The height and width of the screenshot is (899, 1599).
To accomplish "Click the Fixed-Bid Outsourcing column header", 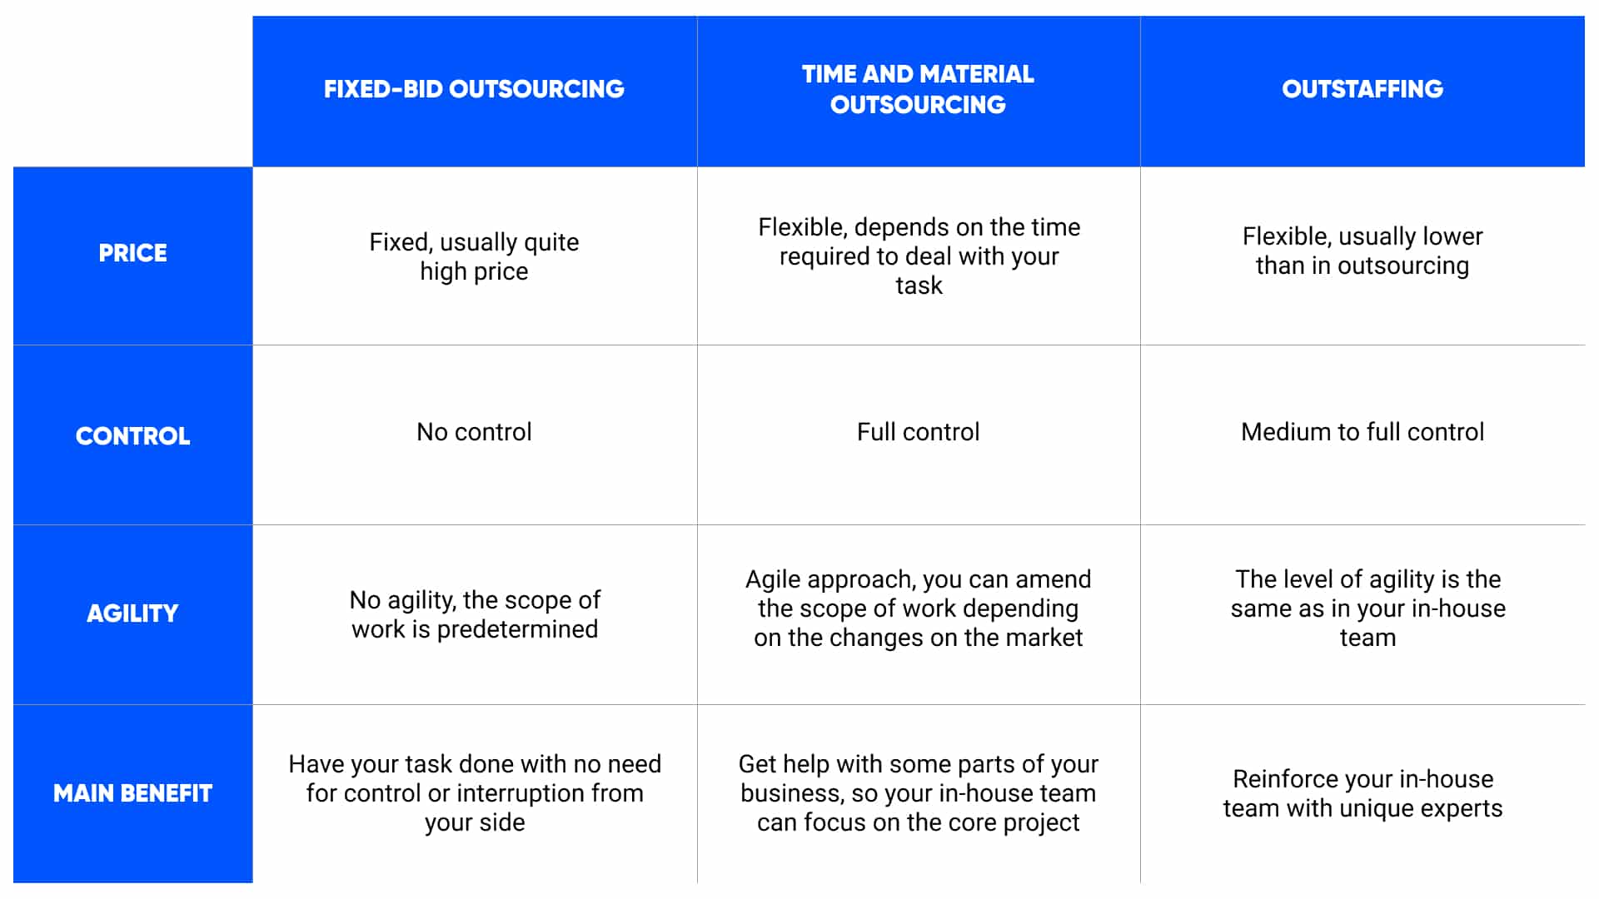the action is click(474, 89).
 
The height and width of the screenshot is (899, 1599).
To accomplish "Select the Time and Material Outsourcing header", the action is click(918, 89).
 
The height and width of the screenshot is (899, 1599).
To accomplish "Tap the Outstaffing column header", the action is click(1362, 89).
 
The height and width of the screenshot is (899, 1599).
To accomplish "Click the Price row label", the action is click(132, 253).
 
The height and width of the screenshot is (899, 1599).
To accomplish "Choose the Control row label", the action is click(132, 436).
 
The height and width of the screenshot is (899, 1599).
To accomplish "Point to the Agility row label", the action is click(132, 613).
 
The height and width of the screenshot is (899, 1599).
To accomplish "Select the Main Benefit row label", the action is click(132, 793).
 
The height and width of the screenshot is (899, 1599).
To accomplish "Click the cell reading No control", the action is click(474, 432).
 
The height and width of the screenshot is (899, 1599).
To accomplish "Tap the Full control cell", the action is click(918, 432).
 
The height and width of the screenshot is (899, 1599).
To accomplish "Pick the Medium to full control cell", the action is click(1362, 432).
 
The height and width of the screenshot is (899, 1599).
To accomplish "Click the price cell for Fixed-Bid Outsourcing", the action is click(474, 256).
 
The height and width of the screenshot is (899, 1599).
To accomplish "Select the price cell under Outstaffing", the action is click(1362, 251).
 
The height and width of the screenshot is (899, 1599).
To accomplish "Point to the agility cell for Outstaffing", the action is click(1367, 608).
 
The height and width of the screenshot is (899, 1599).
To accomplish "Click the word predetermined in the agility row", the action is click(517, 629).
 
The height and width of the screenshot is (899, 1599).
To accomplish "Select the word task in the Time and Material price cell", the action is click(919, 286).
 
